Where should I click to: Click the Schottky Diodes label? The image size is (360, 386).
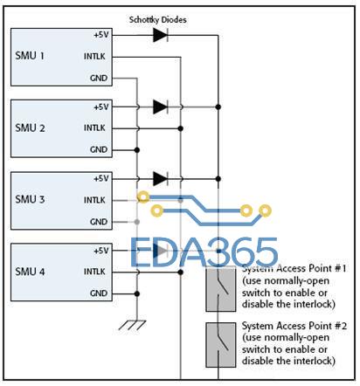point(157,20)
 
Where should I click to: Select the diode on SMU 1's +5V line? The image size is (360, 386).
point(161,35)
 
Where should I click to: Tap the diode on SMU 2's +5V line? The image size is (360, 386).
point(161,107)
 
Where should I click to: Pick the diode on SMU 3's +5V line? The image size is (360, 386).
point(161,179)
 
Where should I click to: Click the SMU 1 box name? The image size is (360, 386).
point(30,56)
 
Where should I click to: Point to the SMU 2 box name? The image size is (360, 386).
point(30,128)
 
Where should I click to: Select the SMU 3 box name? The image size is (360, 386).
point(30,200)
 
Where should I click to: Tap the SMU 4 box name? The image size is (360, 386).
point(30,272)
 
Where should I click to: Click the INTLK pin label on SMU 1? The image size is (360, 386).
point(94,56)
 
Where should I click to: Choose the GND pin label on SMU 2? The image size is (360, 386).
point(99,149)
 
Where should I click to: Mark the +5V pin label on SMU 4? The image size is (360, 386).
point(101,251)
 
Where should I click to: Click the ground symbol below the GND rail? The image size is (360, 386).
point(133,325)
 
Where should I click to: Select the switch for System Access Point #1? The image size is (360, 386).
point(221,289)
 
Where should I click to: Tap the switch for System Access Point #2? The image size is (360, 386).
point(221,345)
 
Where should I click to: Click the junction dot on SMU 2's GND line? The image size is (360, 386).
point(136,150)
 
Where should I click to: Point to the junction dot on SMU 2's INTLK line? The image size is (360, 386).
point(181,128)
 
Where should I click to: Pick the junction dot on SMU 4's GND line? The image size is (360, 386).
point(136,293)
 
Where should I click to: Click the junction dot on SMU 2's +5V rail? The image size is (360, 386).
point(218,107)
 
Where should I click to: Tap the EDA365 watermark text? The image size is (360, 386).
point(204,252)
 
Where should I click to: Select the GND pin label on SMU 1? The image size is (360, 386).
point(99,78)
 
